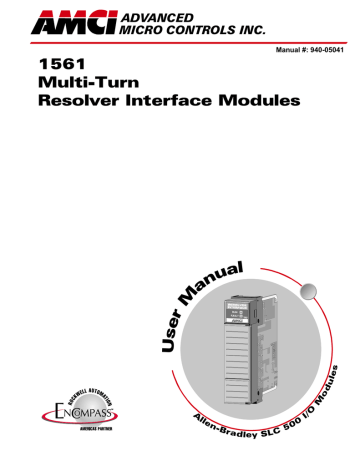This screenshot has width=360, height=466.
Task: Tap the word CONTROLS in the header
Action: click(x=200, y=27)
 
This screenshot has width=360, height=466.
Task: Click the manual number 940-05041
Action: click(x=326, y=47)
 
